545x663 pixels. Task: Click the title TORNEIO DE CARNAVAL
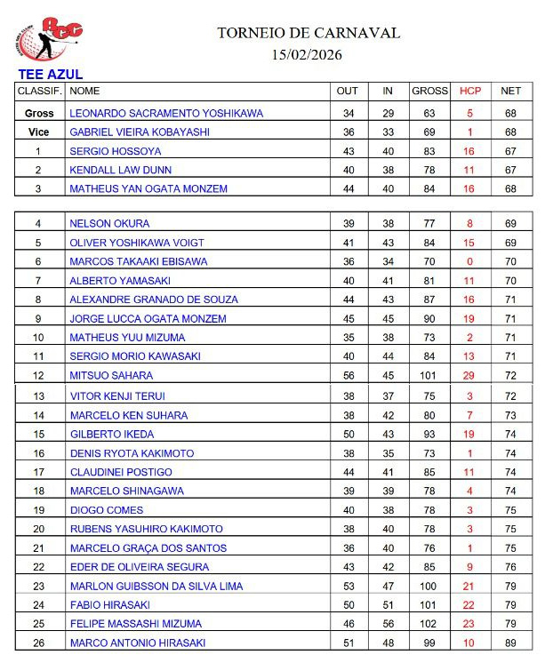point(309,33)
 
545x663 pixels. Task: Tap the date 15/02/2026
point(308,55)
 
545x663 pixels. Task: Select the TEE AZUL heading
point(51,75)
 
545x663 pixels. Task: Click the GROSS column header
point(429,91)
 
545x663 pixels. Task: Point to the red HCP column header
point(469,91)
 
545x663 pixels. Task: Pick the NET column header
point(510,91)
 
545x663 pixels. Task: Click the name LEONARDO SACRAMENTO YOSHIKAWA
point(166,114)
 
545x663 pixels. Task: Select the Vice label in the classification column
point(38,132)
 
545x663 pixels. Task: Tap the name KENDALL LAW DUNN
point(121,170)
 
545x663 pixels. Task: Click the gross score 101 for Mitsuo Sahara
point(429,376)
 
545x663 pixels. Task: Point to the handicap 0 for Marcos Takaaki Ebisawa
point(469,261)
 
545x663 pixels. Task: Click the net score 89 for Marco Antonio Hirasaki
point(510,643)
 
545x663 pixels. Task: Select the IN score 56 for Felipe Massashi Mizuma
point(388,624)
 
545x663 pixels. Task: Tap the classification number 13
point(38,396)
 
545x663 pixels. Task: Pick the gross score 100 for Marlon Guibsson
point(429,587)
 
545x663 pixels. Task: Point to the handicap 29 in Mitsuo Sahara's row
point(469,376)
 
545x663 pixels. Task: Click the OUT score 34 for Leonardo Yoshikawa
point(349,114)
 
